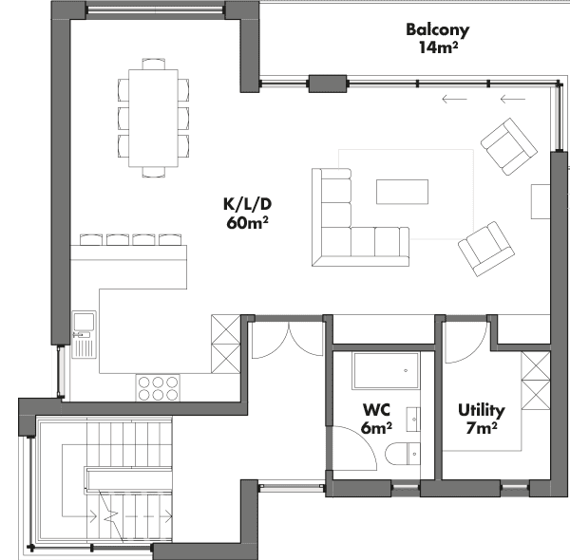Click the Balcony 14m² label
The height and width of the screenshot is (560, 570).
coord(438,39)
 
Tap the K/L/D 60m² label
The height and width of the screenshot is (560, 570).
coord(247,214)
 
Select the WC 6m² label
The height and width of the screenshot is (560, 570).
coord(376,419)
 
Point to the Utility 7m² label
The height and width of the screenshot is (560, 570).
coord(482,419)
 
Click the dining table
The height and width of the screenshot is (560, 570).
coord(153,118)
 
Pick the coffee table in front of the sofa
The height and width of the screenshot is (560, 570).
coord(402,192)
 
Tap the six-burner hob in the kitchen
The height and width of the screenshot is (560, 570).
coord(158,388)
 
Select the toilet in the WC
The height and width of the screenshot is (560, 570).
coord(403,454)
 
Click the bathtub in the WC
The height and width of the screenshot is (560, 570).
coord(386,370)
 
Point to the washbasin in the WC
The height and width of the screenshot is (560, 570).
coord(413,420)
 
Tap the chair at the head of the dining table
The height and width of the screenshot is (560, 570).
coord(153,64)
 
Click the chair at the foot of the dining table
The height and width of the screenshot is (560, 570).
coord(153,172)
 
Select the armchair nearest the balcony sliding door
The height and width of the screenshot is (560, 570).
coord(509,146)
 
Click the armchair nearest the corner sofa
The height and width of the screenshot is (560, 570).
coord(486,249)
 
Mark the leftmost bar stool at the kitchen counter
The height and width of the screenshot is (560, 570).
coord(90,240)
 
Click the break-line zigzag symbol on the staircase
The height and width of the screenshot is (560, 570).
coord(111,516)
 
